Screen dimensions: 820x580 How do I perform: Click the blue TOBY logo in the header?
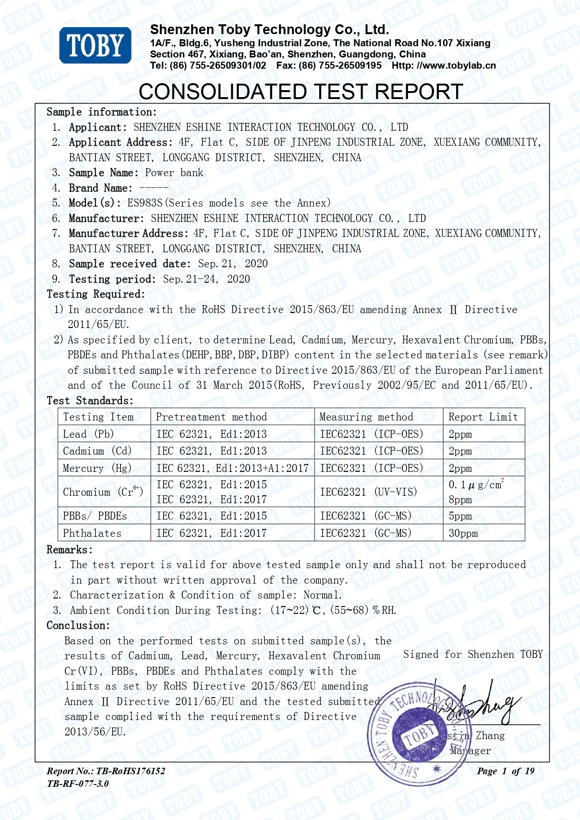[95, 45]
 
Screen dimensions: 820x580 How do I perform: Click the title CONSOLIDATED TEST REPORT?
[301, 92]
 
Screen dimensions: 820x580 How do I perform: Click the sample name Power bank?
[174, 173]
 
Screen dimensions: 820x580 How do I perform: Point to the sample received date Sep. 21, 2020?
[233, 264]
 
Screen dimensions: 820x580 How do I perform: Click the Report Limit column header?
[483, 417]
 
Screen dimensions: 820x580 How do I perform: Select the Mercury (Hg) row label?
[97, 468]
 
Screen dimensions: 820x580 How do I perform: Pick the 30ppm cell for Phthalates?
[463, 533]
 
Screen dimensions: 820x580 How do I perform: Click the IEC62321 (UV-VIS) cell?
[368, 492]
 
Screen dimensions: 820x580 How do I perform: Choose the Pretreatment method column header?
[211, 417]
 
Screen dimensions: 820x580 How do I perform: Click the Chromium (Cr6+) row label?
[103, 492]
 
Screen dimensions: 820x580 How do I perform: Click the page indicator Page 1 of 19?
[505, 771]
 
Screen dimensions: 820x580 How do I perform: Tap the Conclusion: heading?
[78, 626]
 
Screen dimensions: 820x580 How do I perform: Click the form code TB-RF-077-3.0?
[78, 784]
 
